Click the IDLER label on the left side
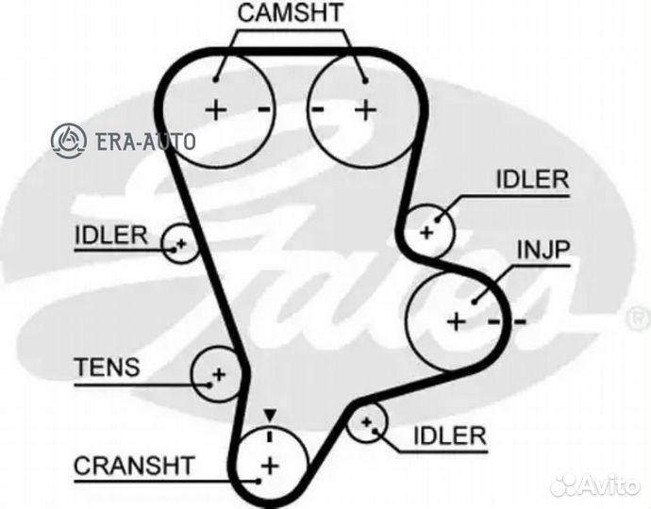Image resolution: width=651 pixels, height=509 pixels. click(x=111, y=235)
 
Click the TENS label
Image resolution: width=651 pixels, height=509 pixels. click(x=106, y=368)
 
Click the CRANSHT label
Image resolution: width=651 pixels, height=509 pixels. click(x=133, y=464)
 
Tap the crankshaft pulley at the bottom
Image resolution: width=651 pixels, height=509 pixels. click(x=271, y=464)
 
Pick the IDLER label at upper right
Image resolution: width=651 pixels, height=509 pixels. click(x=532, y=179)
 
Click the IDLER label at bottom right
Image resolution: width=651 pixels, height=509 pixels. click(x=448, y=435)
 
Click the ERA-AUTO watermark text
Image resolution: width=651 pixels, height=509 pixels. click(x=145, y=142)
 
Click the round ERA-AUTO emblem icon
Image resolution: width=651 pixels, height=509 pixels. click(x=69, y=140)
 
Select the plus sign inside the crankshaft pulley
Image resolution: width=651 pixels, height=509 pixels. click(x=271, y=465)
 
